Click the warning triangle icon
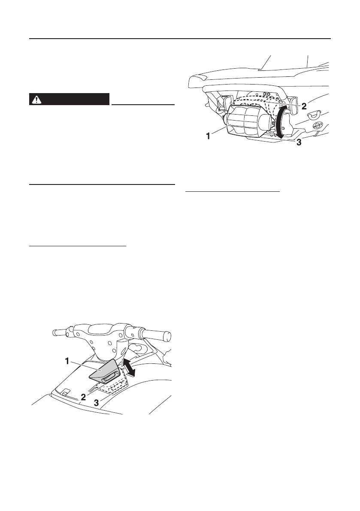click(x=36, y=100)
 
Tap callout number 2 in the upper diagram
click(x=303, y=106)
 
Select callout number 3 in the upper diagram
click(x=299, y=143)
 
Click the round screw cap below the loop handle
click(x=318, y=125)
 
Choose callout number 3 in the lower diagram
click(x=97, y=403)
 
